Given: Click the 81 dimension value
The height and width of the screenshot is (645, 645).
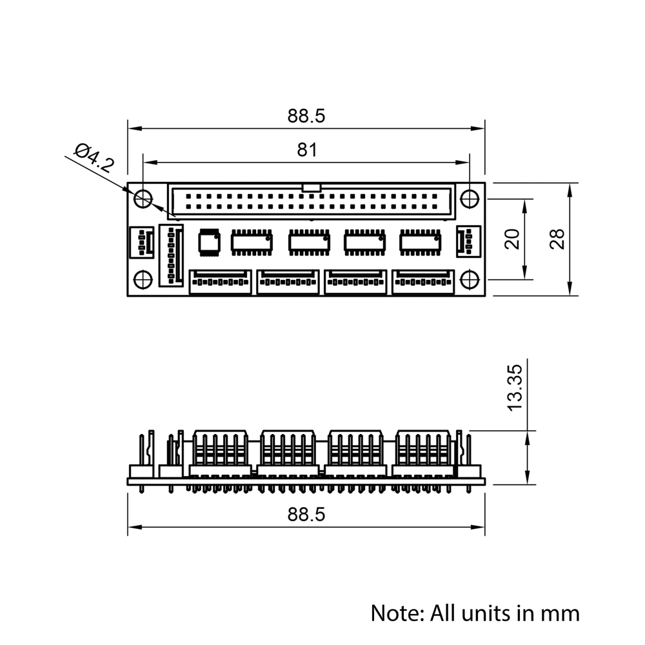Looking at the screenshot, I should (307, 150).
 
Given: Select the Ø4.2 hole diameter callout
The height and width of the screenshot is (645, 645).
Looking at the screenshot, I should (94, 157).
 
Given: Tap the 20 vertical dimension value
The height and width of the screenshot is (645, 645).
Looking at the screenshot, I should (512, 239).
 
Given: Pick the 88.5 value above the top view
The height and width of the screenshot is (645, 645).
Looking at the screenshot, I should (306, 116).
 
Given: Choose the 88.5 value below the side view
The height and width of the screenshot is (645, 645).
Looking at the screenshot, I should (306, 515).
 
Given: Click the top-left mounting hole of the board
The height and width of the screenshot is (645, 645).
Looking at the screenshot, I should (143, 199).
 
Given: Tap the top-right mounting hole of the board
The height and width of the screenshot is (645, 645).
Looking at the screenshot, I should (470, 199).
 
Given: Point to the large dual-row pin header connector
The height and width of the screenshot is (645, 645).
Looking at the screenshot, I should (311, 201).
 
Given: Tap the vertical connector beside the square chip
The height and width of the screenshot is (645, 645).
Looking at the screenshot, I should (171, 255).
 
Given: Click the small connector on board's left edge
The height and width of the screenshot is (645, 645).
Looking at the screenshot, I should (141, 243).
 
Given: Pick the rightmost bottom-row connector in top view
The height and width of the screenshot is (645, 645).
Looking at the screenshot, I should (423, 282).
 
